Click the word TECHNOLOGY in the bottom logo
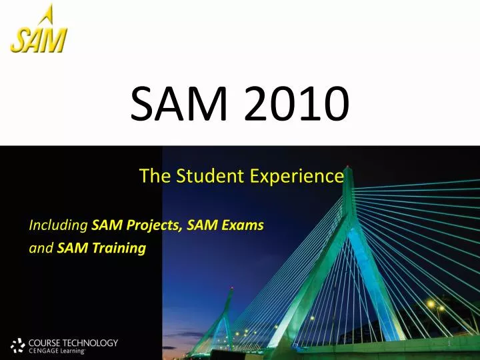[x=93, y=343]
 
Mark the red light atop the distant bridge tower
[x=231, y=288]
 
